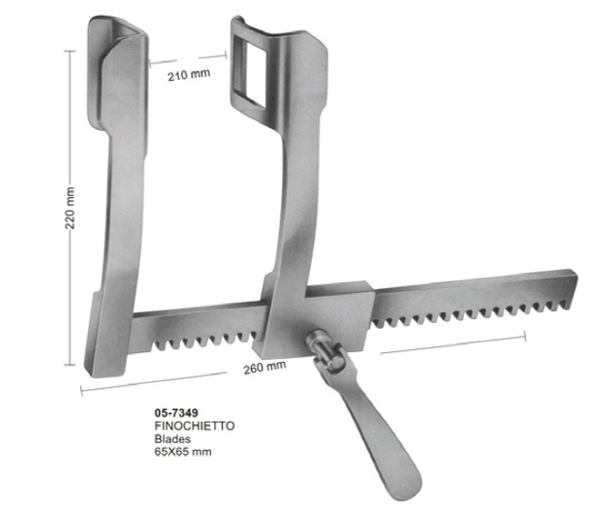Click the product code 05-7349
tap(177, 413)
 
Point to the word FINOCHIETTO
tap(193, 426)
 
